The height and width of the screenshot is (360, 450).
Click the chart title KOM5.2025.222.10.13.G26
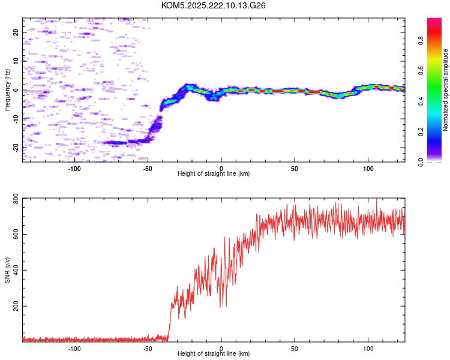point(214,5)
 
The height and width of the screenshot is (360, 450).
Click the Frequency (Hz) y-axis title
point(7,90)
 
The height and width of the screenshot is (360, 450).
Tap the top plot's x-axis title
point(214,173)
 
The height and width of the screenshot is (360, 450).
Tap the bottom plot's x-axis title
point(214,354)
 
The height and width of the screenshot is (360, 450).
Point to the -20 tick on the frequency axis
point(16,147)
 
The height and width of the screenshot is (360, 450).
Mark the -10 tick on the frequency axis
point(16,118)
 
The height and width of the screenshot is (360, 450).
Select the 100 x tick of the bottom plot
point(368,347)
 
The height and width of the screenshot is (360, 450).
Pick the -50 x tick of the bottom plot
point(148,347)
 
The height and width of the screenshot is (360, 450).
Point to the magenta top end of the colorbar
point(434,21)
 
